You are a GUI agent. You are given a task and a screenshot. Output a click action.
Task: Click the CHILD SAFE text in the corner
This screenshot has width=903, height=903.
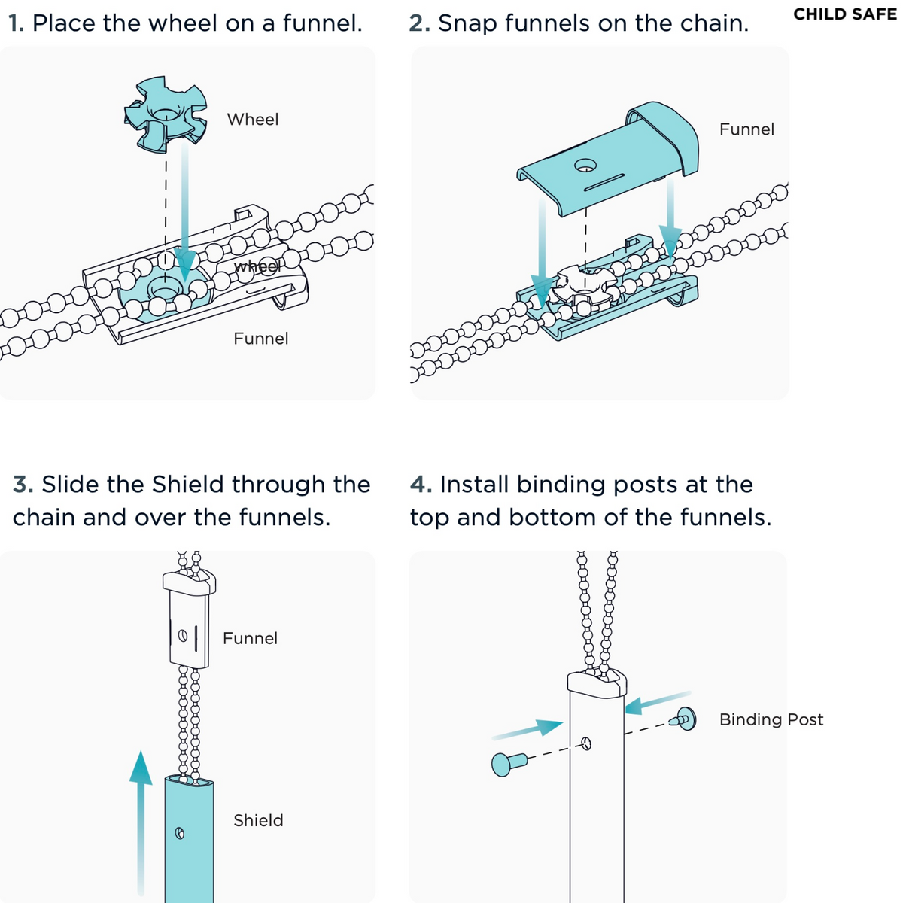(x=844, y=14)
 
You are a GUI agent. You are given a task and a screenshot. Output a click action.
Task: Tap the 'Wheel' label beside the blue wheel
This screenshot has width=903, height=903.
(x=252, y=120)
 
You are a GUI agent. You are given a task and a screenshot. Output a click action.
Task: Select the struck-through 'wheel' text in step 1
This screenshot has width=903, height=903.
(x=257, y=266)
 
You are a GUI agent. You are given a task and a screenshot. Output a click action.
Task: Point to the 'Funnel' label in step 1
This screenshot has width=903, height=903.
(x=260, y=339)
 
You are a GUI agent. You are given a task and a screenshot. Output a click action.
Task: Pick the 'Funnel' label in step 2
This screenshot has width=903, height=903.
(x=746, y=129)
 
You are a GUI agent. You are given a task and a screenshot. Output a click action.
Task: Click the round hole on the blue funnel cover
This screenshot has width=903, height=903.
(x=585, y=165)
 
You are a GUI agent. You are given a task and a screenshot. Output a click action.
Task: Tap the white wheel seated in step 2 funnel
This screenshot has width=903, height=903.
(x=579, y=287)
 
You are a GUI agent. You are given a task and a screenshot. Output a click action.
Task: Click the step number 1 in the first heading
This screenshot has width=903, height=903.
(x=16, y=24)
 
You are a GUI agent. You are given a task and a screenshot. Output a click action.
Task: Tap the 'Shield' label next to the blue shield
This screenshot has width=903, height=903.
(x=258, y=821)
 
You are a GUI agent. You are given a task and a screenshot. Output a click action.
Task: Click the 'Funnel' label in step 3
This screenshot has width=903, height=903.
(x=250, y=639)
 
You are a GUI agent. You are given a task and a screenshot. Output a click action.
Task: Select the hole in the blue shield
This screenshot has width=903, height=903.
(x=180, y=833)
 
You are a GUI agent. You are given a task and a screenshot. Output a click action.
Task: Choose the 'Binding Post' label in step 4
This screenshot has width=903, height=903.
(x=771, y=720)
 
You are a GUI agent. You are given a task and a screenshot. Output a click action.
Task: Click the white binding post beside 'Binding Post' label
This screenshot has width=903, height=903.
(x=685, y=719)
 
